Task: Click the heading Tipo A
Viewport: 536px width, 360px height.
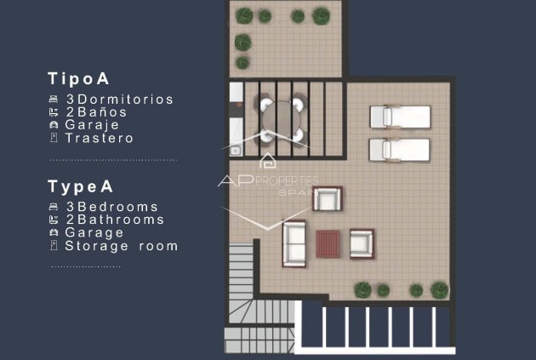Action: click(79, 79)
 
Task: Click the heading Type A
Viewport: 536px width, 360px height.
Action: click(81, 186)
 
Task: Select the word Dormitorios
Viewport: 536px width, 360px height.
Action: click(125, 100)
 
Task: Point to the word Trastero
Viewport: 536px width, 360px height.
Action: click(99, 138)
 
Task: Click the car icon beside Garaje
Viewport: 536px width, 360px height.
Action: click(54, 125)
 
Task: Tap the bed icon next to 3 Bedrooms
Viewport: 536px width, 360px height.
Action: click(54, 207)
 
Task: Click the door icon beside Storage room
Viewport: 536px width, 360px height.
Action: click(54, 246)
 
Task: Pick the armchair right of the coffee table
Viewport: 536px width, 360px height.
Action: click(362, 243)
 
